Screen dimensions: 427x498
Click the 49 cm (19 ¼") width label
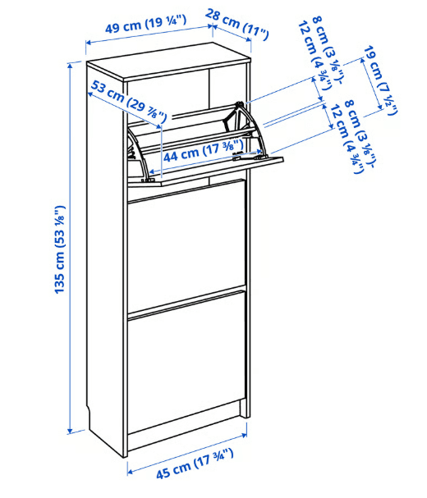[145, 24]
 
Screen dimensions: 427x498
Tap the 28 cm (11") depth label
[236, 25]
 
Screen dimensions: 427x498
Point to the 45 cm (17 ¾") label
[195, 464]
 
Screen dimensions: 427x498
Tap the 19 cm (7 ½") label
[380, 80]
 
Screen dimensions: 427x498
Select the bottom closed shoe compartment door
[186, 360]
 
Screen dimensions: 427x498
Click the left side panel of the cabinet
[105, 254]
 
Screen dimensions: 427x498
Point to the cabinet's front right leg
[244, 407]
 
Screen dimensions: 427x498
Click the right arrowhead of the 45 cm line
[244, 435]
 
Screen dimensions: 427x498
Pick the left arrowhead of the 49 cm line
[89, 42]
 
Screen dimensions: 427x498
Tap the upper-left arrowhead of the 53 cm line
[90, 94]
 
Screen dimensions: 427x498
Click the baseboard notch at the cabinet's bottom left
[89, 413]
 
